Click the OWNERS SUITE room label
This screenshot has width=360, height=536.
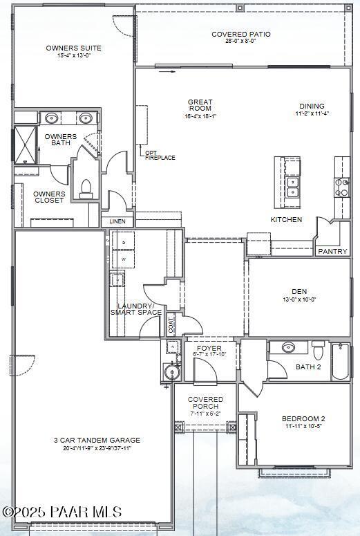point(74,48)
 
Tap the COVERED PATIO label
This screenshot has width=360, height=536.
point(240,34)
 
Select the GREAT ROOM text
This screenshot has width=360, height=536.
point(200,106)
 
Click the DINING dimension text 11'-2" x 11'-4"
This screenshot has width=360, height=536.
point(312,113)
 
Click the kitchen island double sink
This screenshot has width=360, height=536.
point(292,187)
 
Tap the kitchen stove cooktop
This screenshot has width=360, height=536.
point(342,187)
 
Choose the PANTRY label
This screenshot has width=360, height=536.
point(332,251)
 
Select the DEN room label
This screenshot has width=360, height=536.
point(299,292)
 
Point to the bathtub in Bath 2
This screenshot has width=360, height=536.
point(341,361)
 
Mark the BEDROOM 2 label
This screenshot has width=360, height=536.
point(303,419)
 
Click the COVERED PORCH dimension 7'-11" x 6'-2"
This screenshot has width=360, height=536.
point(206,414)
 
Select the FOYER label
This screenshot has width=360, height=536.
point(209,348)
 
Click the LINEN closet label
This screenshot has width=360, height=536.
point(117,221)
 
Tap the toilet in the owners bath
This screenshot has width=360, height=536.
point(86,187)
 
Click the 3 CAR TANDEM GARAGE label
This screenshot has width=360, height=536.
point(97,440)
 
